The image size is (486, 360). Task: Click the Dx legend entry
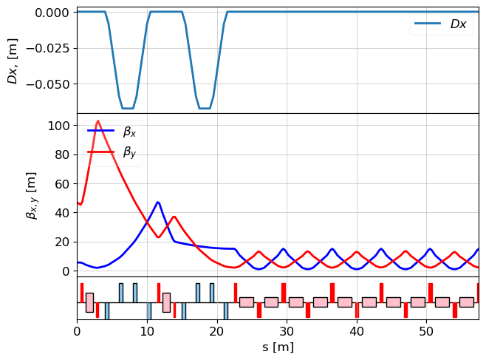(x=442, y=24)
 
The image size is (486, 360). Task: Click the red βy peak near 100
(x=97, y=120)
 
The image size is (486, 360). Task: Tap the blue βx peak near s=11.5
(x=157, y=202)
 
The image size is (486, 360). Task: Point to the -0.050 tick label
(x=47, y=84)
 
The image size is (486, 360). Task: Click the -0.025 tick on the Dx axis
(x=47, y=48)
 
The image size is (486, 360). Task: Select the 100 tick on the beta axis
(x=58, y=126)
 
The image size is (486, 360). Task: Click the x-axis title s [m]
(x=278, y=347)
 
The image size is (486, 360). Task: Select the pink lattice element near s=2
(x=89, y=302)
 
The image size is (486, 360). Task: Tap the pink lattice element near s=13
(x=166, y=302)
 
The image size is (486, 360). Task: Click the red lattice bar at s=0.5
(x=81, y=292)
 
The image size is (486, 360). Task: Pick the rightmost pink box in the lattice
(x=466, y=302)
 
